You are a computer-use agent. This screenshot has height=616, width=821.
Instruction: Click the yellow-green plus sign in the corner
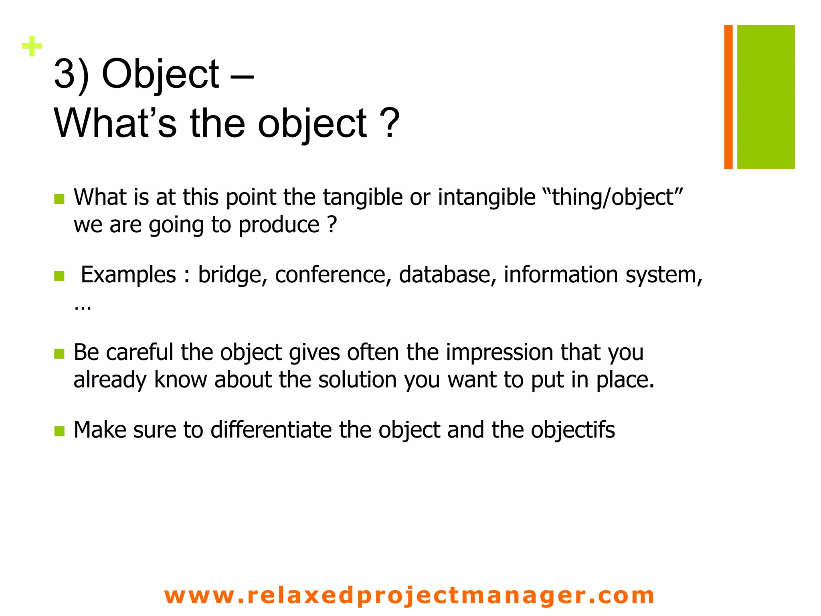32,46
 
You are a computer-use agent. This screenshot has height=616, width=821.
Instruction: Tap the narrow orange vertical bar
728,97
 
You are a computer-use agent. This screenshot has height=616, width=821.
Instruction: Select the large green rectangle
766,97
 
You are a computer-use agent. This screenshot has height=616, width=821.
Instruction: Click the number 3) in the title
71,74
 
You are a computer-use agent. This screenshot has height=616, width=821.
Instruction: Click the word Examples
128,275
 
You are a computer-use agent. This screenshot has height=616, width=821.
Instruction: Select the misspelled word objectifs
573,430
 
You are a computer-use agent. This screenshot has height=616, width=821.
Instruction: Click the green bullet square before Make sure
59,431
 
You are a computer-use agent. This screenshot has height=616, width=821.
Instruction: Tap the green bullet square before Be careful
59,354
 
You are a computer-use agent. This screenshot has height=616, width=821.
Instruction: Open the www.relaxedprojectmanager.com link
409,595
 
